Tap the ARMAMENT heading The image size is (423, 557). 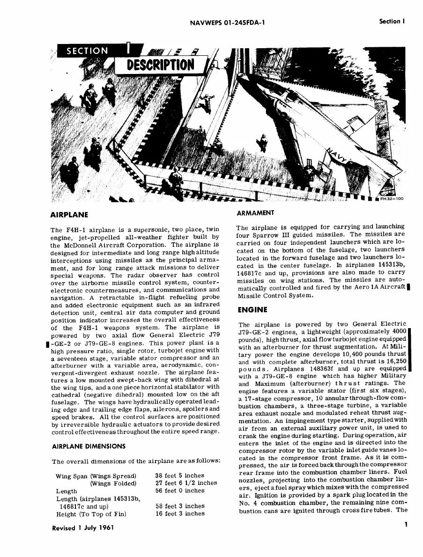point(255,213)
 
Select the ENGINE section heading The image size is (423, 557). point(252,310)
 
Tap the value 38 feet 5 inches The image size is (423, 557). point(180,476)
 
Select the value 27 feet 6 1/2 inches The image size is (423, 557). point(186,483)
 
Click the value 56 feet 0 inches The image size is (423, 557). point(180,491)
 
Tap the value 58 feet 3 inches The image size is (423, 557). point(180,506)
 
